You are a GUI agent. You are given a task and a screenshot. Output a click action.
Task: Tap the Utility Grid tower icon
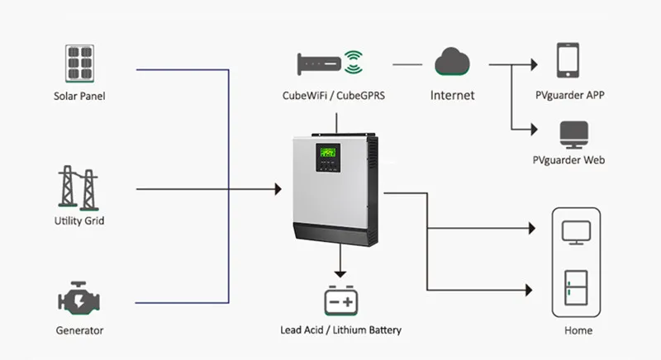coord(78,187)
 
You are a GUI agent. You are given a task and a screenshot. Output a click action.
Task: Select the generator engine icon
coord(79,300)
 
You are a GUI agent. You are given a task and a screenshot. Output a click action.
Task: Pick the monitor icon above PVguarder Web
coord(573,134)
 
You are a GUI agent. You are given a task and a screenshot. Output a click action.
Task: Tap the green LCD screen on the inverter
coord(329,152)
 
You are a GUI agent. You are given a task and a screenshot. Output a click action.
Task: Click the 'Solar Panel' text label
coord(79,96)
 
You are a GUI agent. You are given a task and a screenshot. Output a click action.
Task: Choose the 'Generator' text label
coord(79,330)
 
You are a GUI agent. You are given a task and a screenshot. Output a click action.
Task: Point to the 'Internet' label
coord(453,95)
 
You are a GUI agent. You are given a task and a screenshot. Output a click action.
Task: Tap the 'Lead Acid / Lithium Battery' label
coord(340,330)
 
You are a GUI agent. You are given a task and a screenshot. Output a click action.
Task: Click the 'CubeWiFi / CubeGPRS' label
coord(334,95)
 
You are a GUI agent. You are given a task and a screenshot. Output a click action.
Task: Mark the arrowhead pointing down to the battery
coord(340,272)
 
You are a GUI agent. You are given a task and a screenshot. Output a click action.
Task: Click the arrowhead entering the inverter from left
coord(277,190)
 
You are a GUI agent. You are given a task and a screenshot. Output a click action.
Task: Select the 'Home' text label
coord(578,330)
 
